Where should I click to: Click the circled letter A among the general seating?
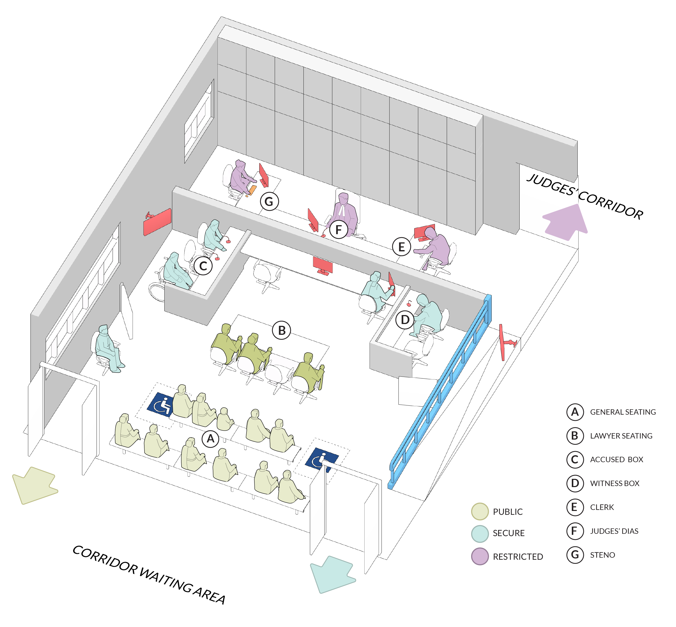210,439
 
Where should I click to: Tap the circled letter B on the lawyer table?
282,330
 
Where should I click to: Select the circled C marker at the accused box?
203,266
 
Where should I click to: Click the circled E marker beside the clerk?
401,247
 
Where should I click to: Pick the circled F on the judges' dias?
338,230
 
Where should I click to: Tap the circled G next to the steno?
269,202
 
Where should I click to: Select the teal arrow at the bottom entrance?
332,573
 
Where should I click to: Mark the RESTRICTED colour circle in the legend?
480,556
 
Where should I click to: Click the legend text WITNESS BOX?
614,483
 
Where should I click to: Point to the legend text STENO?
602,555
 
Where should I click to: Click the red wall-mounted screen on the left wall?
157,222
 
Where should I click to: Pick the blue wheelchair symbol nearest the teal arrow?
321,459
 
